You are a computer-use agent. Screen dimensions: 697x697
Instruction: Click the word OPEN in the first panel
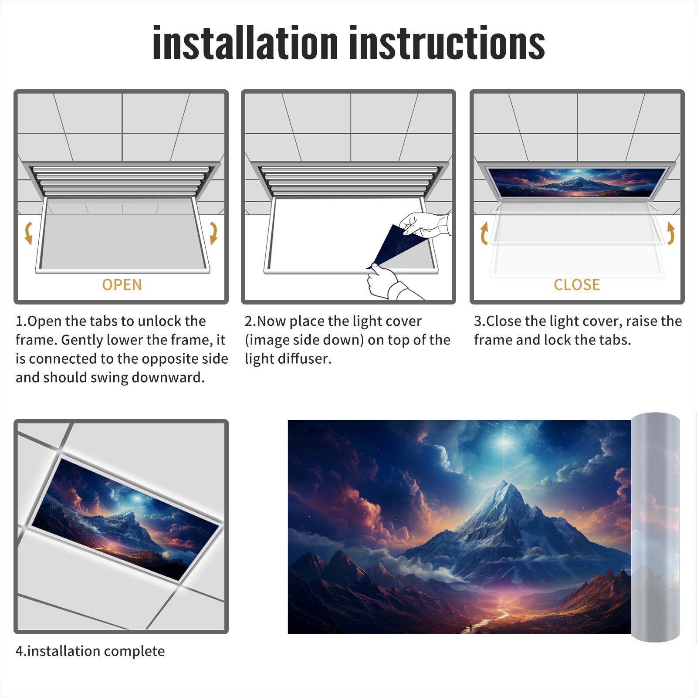pos(122,284)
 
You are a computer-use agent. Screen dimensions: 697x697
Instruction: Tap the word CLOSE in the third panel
pos(577,284)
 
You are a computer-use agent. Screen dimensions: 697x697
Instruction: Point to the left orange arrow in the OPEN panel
pos(28,233)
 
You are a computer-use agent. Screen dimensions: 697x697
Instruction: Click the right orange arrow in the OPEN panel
pos(213,233)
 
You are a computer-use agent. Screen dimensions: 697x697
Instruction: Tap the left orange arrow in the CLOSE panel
pos(484,233)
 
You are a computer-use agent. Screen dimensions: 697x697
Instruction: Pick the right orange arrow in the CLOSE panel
pos(671,233)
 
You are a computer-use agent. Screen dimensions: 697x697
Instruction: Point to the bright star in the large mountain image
pos(505,442)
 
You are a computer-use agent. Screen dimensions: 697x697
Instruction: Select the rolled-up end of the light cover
pos(655,527)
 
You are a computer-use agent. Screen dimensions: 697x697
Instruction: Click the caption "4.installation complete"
pos(90,651)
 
